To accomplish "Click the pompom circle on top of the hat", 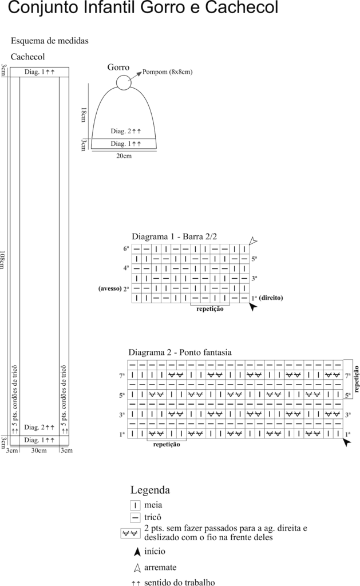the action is click(x=117, y=82).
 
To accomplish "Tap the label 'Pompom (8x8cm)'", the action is click(x=168, y=72).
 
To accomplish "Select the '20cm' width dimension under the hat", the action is click(x=124, y=156).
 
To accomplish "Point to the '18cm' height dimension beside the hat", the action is click(x=84, y=114).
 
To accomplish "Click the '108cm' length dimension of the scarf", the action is click(x=2, y=260).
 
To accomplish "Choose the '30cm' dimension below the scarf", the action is click(x=39, y=450).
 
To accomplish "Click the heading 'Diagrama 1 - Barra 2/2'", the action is click(x=174, y=236).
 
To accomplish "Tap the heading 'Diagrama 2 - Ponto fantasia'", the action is click(x=180, y=353).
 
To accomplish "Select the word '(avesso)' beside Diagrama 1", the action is click(x=110, y=288).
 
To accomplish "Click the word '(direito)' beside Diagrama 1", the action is click(x=271, y=298).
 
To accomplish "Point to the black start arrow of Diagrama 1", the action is click(x=253, y=307).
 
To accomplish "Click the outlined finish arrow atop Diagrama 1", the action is click(x=253, y=241).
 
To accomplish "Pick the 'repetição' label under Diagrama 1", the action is click(x=210, y=309).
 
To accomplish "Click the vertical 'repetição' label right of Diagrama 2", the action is click(x=356, y=379).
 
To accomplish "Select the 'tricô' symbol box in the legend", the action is click(x=135, y=518).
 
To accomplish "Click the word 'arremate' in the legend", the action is click(x=160, y=567).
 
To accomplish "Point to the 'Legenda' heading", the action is click(x=151, y=490).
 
